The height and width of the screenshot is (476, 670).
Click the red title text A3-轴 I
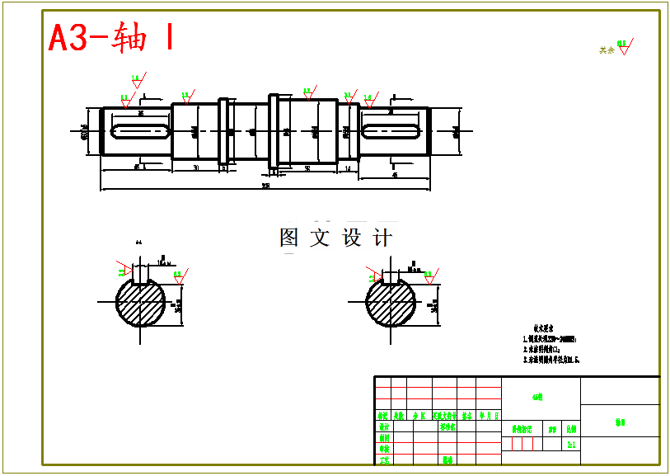[x=110, y=38]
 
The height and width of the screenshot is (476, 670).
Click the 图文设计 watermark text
[x=335, y=238]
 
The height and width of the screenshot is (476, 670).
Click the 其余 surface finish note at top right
[x=607, y=50]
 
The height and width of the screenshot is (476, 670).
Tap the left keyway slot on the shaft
[x=141, y=130]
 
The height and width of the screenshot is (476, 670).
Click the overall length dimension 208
[x=265, y=186]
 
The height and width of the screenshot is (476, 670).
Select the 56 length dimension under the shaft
[x=307, y=168]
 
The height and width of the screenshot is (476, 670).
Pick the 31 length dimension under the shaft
[x=195, y=168]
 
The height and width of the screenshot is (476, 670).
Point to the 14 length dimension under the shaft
[x=348, y=168]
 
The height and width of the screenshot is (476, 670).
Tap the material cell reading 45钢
[x=537, y=397]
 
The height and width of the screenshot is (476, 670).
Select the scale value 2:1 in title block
[x=571, y=444]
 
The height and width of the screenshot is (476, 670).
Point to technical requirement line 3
[x=551, y=360]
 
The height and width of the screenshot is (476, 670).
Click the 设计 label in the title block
[x=383, y=427]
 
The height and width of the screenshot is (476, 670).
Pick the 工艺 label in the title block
[x=383, y=460]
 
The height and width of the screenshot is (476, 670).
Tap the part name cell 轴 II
[x=620, y=422]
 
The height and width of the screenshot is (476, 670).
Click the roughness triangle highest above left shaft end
[x=136, y=80]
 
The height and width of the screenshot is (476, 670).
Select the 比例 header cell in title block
[x=571, y=430]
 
